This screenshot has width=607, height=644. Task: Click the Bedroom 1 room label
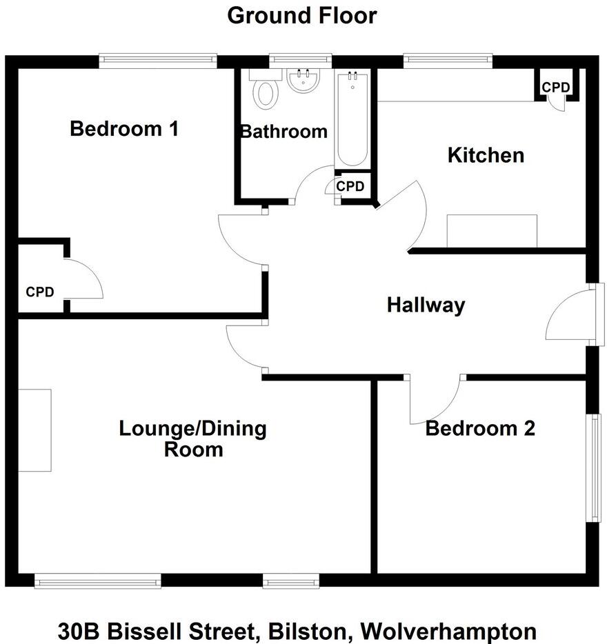pos(125,128)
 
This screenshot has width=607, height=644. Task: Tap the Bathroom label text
pos(283,131)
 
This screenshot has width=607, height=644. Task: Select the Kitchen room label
pos(486,155)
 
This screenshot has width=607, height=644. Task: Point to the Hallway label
pos(426,305)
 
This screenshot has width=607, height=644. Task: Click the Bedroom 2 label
pos(480,429)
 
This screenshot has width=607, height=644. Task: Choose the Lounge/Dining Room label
pos(192,439)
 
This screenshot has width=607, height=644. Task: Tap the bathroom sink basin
pos(303,81)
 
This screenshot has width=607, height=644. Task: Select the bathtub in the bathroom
pos(352,119)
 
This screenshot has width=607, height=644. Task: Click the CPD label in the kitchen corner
pos(555,88)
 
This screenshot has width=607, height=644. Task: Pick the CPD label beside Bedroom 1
pos(40,292)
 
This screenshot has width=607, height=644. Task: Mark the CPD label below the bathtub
pos(350,186)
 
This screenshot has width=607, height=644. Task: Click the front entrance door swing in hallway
pos(569,314)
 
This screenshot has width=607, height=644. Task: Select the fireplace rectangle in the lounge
pos(34,430)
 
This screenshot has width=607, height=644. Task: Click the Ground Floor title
pos(302,15)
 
